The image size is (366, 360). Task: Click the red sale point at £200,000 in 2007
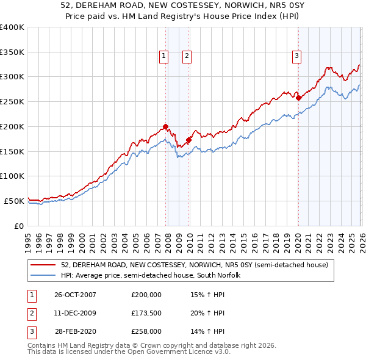[x=166, y=126]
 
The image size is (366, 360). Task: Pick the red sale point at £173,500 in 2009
[x=188, y=140]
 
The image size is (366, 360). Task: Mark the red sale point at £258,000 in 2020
[x=298, y=98]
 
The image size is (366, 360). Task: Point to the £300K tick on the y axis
[x=13, y=77]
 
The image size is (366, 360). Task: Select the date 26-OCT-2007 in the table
[x=75, y=295]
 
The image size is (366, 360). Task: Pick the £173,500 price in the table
[x=146, y=313]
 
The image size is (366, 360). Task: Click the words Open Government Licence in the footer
[x=174, y=352]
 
